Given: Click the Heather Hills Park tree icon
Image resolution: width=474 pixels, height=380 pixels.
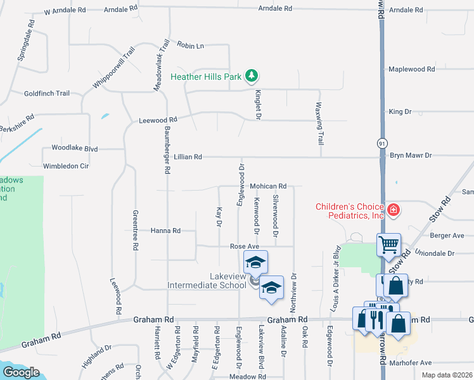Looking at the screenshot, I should tap(252, 77).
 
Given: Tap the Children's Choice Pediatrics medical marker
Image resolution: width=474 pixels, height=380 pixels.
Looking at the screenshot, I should tap(393, 210).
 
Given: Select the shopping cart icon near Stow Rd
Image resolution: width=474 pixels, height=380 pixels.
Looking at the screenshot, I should tap(388, 243).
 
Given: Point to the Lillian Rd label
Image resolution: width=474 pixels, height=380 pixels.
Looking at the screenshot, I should tap(188, 156).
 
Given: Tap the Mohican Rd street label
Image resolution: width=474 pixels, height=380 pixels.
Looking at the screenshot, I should tap(268, 186).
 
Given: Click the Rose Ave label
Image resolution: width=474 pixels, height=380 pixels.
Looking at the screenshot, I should tap(245, 246).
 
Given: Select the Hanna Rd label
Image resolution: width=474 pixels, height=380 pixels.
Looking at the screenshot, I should tap(165, 231).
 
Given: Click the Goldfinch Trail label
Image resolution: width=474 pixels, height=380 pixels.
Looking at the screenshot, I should tap(46, 93).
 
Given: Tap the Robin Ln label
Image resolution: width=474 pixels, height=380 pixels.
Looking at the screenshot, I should tap(191, 46).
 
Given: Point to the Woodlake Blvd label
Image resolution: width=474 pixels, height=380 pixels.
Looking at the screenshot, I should tap(75, 149).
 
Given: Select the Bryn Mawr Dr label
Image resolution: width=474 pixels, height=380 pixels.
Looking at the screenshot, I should tap(411, 155).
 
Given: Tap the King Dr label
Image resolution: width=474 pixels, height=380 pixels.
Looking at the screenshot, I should tap(400, 112).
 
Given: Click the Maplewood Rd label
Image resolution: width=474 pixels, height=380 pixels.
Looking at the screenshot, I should tap(412, 69).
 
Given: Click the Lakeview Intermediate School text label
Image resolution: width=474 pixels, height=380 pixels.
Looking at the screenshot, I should tap(206, 281).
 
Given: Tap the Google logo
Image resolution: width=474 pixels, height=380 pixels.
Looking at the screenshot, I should tap(21, 372).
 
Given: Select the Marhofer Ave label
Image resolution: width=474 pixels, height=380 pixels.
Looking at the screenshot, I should tap(411, 363).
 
